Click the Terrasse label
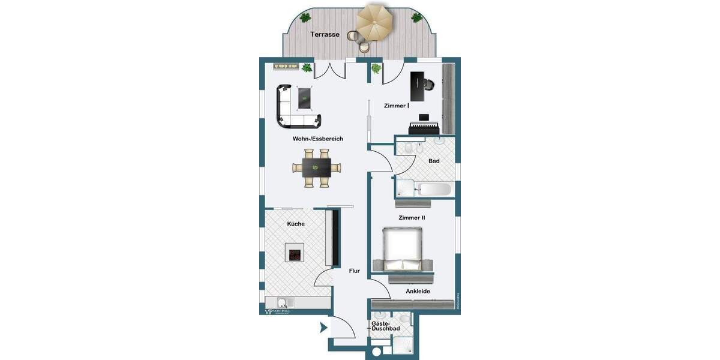click(x=325, y=35)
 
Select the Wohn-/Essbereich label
click(x=317, y=139)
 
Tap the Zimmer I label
click(x=397, y=106)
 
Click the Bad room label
click(x=434, y=161)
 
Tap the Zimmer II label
click(x=412, y=218)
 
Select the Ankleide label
click(x=418, y=292)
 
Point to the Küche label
click(x=296, y=224)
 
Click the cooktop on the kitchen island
click(x=295, y=254)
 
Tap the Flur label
click(x=355, y=271)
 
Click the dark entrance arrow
click(x=323, y=328)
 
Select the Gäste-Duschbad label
click(x=386, y=326)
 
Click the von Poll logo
click(x=281, y=311)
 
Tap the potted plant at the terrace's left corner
click(x=305, y=17)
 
